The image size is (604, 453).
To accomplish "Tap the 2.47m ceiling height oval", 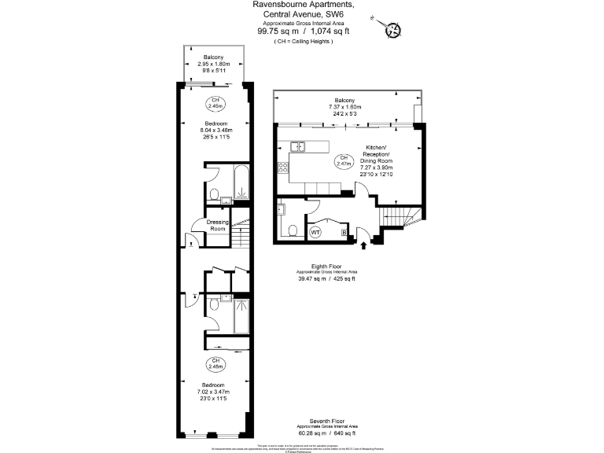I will click(x=343, y=162).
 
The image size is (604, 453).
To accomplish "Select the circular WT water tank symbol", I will click(x=315, y=232).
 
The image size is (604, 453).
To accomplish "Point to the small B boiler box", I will click(x=344, y=232).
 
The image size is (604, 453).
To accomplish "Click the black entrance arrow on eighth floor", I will click(x=363, y=245).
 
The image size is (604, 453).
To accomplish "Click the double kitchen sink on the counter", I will click(x=297, y=146).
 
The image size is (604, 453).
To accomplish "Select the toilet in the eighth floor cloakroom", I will click(x=292, y=230).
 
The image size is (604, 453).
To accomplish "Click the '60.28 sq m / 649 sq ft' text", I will click(x=326, y=433).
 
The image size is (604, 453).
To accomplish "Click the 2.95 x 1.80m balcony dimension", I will click(x=214, y=64).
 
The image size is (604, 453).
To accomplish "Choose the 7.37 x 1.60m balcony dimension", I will click(x=344, y=107).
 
